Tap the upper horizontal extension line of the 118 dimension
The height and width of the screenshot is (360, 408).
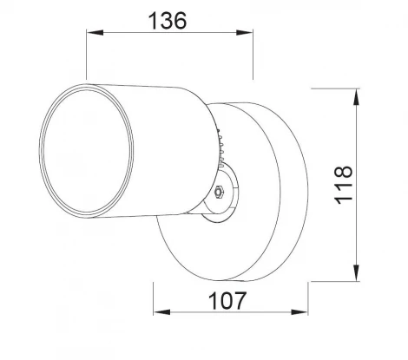(x=334, y=88)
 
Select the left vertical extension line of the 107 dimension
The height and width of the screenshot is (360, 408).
(x=155, y=299)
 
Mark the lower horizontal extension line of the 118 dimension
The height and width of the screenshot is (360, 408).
(x=334, y=280)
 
